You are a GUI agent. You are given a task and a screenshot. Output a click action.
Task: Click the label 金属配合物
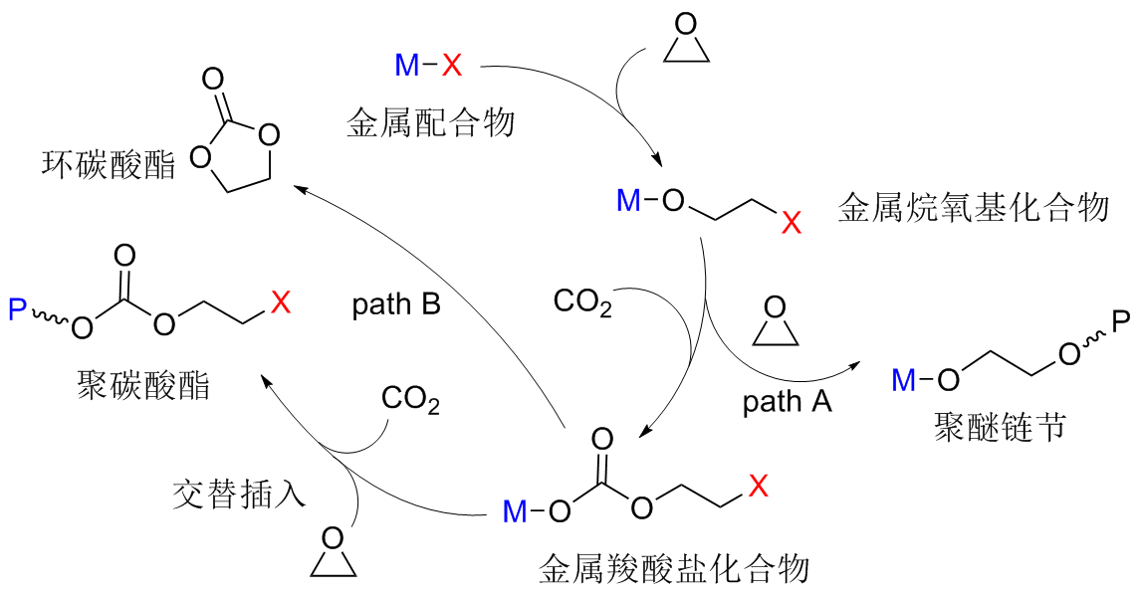pos(430,122)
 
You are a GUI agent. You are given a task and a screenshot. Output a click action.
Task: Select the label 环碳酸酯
pos(109,164)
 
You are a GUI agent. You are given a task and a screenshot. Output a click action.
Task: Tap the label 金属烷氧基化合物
pos(973,209)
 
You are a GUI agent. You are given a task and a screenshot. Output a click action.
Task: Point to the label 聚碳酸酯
pos(143,384)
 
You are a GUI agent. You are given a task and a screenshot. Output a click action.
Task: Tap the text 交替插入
pos(238,494)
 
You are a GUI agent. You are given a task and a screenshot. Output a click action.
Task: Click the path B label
pos(396,304)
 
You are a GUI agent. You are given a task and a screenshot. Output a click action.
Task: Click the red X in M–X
pos(452,67)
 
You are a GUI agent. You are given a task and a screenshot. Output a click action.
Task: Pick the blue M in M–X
pos(407,67)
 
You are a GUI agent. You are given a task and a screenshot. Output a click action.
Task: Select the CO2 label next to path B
pos(582,301)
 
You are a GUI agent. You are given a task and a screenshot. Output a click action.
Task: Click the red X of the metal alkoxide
pos(791,225)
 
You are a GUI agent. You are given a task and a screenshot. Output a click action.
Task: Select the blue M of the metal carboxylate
pos(515,512)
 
